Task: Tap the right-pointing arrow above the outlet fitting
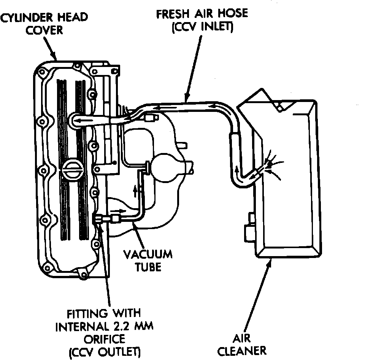coord(118,210)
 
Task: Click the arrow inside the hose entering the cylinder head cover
coord(80,121)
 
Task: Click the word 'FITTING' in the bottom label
coord(84,314)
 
